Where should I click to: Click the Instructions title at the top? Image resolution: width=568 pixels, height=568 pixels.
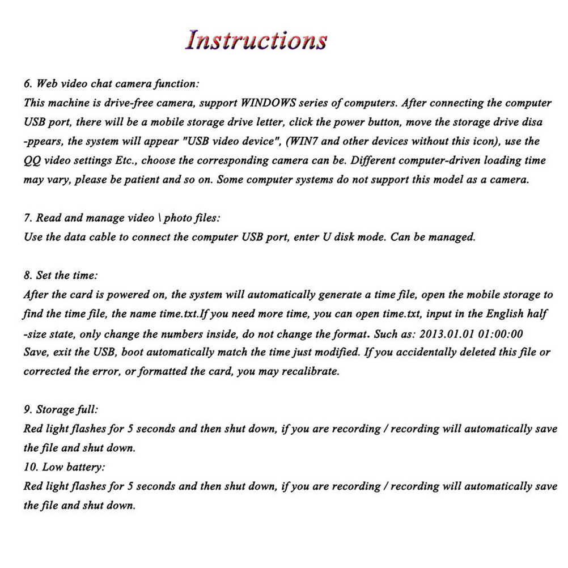(x=257, y=40)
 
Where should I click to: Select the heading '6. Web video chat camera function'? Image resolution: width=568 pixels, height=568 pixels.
(x=111, y=84)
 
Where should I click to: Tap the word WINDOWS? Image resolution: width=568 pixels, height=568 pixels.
(x=270, y=103)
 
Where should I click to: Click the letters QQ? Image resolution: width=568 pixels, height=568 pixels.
(x=32, y=160)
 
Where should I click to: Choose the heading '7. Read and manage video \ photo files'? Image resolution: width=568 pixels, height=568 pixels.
(x=121, y=218)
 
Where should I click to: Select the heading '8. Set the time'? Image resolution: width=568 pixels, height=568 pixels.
(x=61, y=275)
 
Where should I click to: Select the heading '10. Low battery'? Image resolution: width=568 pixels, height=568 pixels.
(x=64, y=468)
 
